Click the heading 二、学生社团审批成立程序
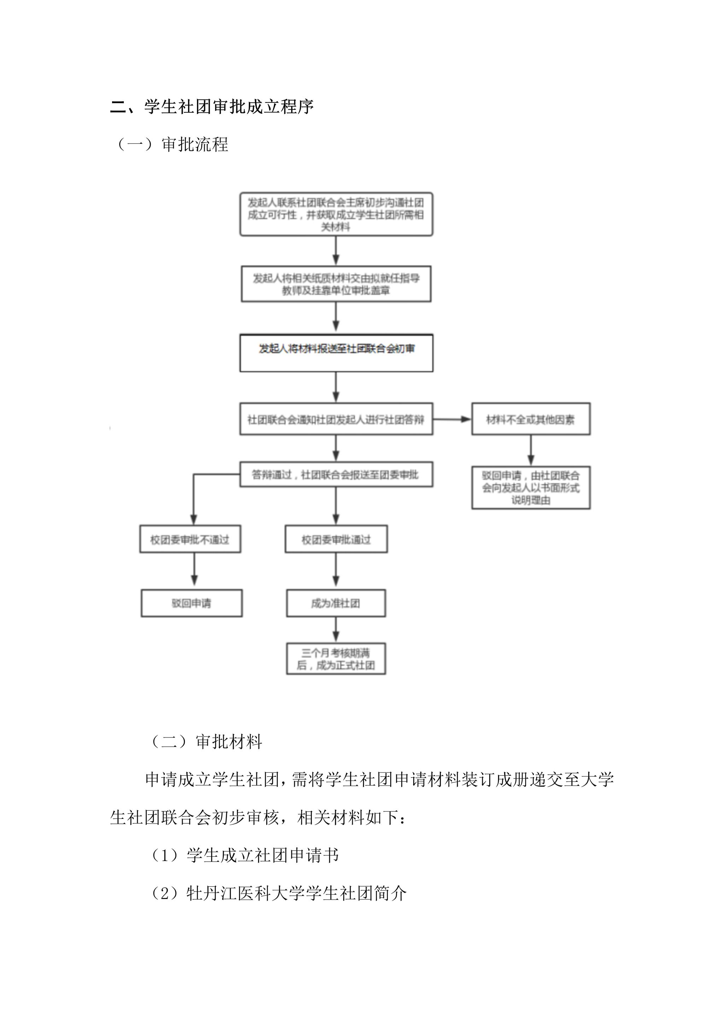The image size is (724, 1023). pyautogui.click(x=212, y=107)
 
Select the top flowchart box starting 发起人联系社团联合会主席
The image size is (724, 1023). pyautogui.click(x=336, y=214)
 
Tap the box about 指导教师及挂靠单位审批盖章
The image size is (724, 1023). pyautogui.click(x=336, y=284)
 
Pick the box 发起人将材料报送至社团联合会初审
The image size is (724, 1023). pyautogui.click(x=336, y=353)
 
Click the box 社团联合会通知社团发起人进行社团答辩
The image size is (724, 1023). pyautogui.click(x=336, y=419)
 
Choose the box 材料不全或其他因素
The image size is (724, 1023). pyautogui.click(x=531, y=419)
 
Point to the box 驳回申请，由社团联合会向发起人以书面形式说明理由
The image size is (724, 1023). pyautogui.click(x=531, y=488)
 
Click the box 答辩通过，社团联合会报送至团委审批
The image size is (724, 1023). pyautogui.click(x=336, y=474)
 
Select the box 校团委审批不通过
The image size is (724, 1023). pyautogui.click(x=190, y=539)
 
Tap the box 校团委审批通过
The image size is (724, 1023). pyautogui.click(x=336, y=539)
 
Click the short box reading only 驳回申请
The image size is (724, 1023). pyautogui.click(x=192, y=603)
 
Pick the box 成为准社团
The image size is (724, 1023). pyautogui.click(x=336, y=603)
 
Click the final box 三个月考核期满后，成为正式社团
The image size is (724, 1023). pyautogui.click(x=336, y=660)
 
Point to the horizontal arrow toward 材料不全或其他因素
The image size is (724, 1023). pyautogui.click(x=452, y=419)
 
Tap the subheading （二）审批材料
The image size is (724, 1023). pyautogui.click(x=206, y=741)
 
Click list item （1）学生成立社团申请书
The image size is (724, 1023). pyautogui.click(x=245, y=855)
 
